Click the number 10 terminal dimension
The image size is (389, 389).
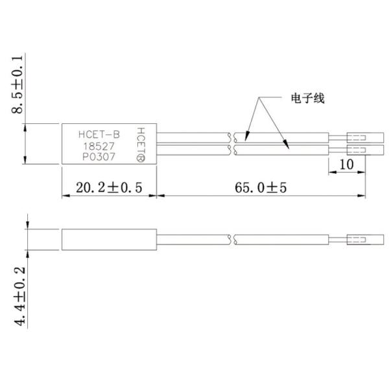tap(346, 165)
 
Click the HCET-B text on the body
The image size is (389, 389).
tap(99, 135)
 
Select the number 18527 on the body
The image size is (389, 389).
tap(95, 147)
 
